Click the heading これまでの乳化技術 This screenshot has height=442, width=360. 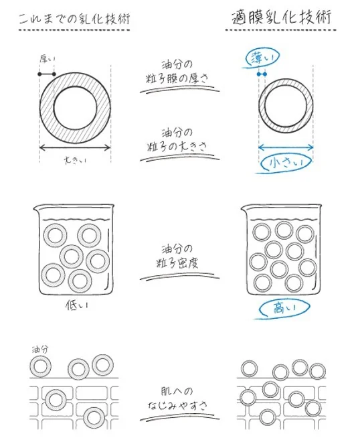click(74, 19)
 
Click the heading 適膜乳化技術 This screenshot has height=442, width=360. click(282, 17)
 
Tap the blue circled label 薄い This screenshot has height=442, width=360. click(262, 58)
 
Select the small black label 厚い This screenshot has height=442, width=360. click(48, 59)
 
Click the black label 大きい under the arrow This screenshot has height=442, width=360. click(75, 161)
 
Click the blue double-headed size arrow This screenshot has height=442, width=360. click(286, 147)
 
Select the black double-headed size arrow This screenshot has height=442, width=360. click(75, 147)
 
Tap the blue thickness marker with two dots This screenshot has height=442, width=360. click(262, 74)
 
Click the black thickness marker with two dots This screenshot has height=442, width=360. click(47, 74)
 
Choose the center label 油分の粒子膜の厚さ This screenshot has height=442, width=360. click(177, 72)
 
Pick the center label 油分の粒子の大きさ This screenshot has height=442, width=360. click(177, 140)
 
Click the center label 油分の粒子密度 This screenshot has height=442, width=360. click(177, 256)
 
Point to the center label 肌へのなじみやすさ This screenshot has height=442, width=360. click(177, 398)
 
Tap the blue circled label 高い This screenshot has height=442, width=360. click(284, 309)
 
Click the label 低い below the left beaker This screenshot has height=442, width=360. click(77, 305)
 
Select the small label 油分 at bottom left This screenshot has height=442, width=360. click(40, 350)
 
